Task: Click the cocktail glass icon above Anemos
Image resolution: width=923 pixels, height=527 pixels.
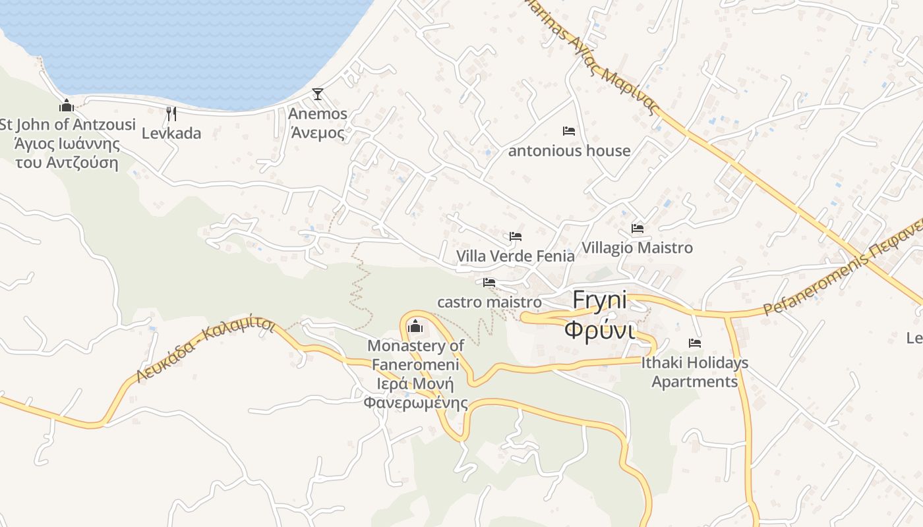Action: tap(318, 94)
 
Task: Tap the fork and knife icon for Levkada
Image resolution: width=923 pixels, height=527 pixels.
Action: tap(171, 113)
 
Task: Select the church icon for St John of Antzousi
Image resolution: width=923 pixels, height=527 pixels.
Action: tap(66, 105)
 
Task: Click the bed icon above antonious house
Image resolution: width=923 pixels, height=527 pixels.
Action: tap(569, 131)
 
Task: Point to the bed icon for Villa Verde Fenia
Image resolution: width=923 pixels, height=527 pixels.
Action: tap(516, 236)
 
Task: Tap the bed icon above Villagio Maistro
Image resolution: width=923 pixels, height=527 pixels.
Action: tap(638, 229)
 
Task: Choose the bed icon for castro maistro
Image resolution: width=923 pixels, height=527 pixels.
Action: tap(489, 283)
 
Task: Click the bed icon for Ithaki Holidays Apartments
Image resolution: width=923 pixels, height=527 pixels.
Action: tap(695, 343)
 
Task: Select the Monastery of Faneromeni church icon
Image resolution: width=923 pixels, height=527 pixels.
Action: tap(415, 326)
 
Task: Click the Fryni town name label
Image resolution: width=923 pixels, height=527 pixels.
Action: tap(599, 300)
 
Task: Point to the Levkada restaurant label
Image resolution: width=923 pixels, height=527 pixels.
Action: tap(171, 133)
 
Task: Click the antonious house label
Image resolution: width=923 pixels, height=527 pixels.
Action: tap(569, 151)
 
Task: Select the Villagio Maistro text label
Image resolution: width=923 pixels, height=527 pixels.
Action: tap(637, 248)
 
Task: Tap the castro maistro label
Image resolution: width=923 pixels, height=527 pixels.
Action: tap(489, 302)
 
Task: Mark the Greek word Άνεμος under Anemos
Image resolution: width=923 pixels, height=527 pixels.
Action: tap(318, 133)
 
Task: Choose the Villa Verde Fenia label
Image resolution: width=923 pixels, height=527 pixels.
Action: tap(516, 256)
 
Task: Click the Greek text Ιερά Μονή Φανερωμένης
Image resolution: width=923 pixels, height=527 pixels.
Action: tap(415, 393)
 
